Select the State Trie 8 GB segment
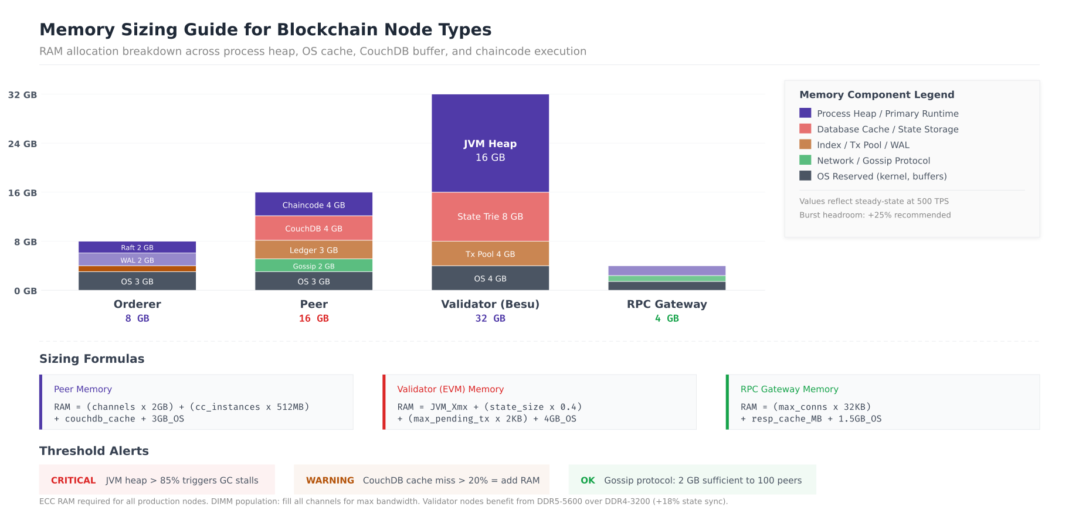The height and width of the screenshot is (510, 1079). point(490,216)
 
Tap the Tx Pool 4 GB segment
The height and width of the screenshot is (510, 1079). point(490,254)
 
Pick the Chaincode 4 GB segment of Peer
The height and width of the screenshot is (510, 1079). point(314,205)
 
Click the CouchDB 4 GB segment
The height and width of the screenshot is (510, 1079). point(314,228)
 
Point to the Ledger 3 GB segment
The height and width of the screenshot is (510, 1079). point(314,250)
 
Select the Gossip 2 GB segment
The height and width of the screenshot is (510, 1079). point(314,266)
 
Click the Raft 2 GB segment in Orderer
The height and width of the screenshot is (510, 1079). point(137,247)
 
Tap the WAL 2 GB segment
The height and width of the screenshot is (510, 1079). point(137,260)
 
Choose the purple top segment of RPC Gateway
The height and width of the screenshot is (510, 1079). point(667,271)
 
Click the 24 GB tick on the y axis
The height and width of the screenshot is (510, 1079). point(22,144)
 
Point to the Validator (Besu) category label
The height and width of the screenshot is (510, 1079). point(490,304)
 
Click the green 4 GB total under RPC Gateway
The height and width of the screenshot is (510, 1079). point(667,318)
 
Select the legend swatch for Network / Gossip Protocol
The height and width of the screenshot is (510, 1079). point(805,160)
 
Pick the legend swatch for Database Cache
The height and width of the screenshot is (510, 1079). point(805,129)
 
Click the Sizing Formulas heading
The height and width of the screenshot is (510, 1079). point(91,359)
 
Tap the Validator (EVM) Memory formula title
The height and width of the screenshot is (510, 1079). point(450,389)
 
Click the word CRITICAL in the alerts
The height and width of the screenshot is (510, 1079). point(73,480)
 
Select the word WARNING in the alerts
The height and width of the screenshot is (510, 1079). point(330,480)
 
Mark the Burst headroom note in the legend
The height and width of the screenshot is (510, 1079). point(875,215)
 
